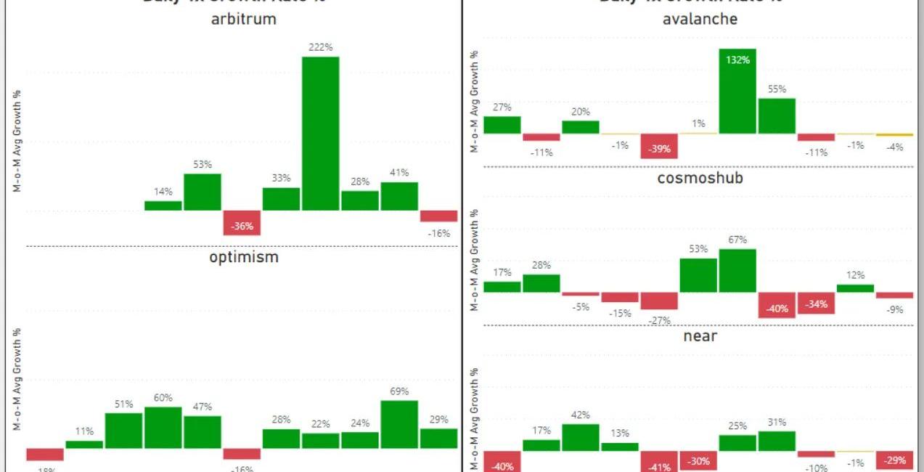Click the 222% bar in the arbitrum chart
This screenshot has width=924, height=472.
pos(321,133)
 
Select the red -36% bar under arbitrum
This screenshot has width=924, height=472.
pos(242,223)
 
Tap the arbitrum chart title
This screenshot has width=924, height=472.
pos(243,20)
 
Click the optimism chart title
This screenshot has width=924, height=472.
pos(243,256)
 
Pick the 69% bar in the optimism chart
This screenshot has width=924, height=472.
pos(399,424)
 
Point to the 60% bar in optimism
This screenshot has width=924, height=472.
pos(163,427)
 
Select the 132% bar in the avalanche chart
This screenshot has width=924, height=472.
pos(737,91)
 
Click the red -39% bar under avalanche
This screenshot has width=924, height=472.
pos(659,146)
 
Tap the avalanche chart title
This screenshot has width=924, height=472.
pos(700,19)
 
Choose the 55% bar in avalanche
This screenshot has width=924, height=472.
pos(777,116)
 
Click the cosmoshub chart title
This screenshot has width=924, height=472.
pos(700,178)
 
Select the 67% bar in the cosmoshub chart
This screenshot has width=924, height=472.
pos(737,270)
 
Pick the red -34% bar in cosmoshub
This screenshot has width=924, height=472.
pos(816,304)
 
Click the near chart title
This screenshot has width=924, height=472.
pos(700,335)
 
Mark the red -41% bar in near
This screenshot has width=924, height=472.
pos(659,462)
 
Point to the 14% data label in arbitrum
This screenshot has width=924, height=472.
pos(163,192)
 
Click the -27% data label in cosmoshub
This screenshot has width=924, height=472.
pos(659,320)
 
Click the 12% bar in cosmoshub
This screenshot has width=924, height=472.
pos(855,288)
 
